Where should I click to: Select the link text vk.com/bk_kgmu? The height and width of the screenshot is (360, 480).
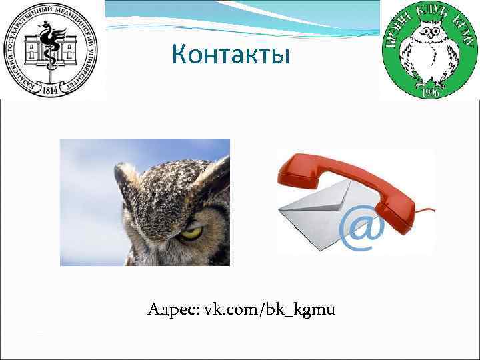point(270,310)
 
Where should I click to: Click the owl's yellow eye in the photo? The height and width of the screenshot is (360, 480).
point(191,233)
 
